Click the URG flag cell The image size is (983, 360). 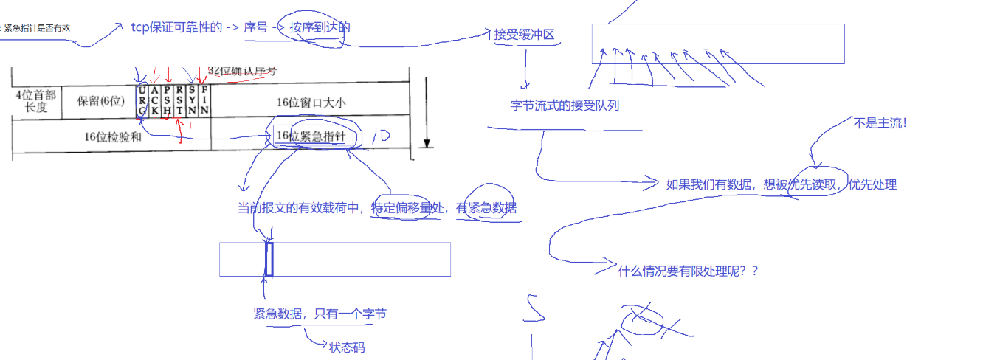coord(142,100)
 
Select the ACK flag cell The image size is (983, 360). coord(154,100)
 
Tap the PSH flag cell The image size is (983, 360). coord(168,100)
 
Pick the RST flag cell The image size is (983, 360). coord(179,100)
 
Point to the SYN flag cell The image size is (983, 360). coord(192,100)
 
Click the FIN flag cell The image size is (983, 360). coord(204,100)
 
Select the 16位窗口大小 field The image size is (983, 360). coord(311,103)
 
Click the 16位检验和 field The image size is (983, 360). coord(112,136)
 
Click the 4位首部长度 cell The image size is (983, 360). coord(35,101)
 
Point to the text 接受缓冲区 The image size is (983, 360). coord(524,34)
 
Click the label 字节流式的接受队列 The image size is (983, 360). coord(565,105)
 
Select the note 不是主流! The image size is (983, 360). coord(880,123)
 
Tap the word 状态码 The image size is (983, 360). coord(347,347)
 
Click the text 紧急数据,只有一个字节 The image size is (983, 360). coord(320,314)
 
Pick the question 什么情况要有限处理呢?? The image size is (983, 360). coord(688,271)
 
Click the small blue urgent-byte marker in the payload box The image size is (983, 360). coord(269,259)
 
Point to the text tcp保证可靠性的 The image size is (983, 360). coord(176,27)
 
